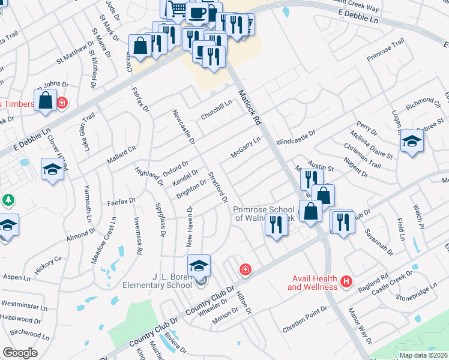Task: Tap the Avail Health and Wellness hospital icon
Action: pos(346,281)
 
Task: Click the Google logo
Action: pos(20,353)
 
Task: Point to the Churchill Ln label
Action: pos(216,110)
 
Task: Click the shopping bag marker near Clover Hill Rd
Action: pos(46,101)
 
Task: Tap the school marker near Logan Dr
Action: pos(412,142)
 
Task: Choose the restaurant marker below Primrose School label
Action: pos(276,226)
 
